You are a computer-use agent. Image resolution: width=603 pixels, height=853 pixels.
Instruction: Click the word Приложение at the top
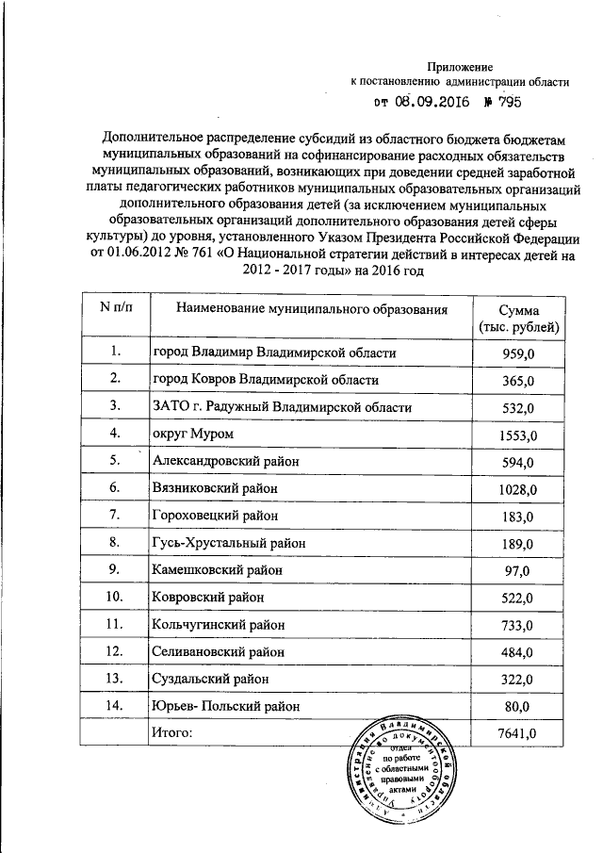click(x=461, y=66)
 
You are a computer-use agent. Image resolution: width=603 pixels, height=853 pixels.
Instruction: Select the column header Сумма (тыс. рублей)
click(x=519, y=318)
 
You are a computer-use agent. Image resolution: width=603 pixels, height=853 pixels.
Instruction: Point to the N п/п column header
click(x=115, y=308)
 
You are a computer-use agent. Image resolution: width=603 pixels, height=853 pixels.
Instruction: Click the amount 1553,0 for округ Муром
click(x=519, y=435)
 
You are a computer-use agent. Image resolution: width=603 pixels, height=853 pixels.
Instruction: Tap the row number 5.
click(x=115, y=461)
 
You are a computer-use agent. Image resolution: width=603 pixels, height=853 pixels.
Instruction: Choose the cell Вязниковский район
click(x=214, y=488)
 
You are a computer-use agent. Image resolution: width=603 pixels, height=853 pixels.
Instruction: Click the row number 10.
click(x=115, y=597)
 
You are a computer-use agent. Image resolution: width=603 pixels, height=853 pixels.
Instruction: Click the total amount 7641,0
click(x=519, y=732)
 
